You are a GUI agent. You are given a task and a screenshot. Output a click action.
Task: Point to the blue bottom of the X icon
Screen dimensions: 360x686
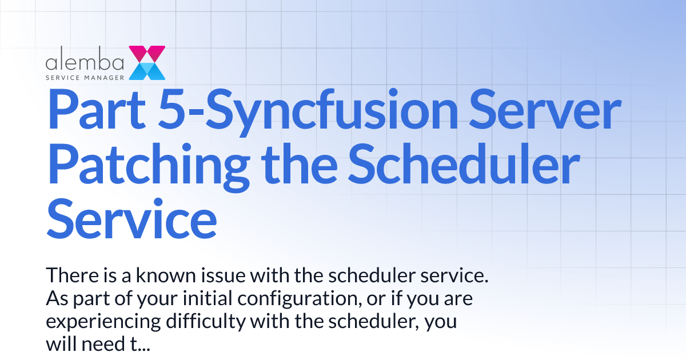click(147, 71)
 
